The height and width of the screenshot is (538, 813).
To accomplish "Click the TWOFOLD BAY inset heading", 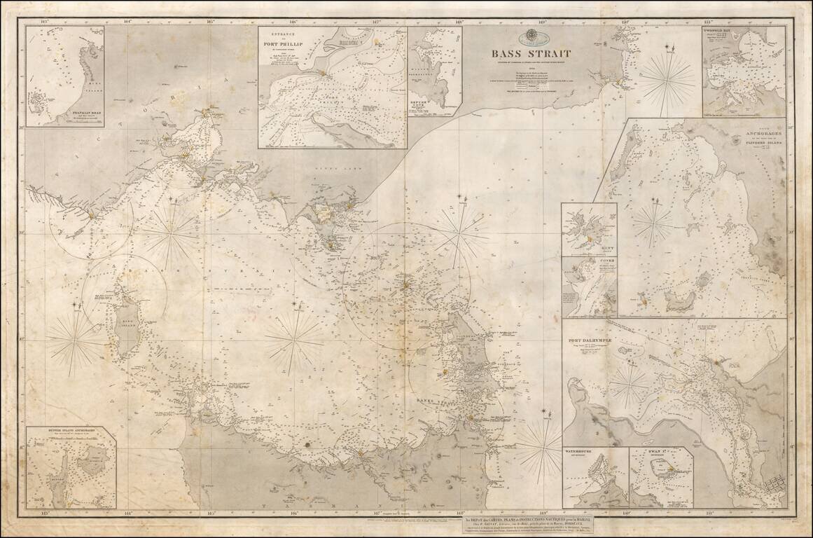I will coord(722,32).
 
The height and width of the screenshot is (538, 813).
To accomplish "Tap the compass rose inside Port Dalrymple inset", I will coord(629,384).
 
